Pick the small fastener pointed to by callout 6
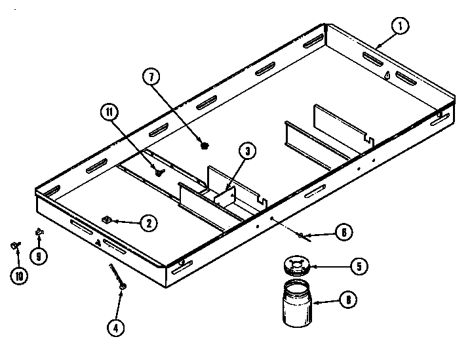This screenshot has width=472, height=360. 300,233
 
